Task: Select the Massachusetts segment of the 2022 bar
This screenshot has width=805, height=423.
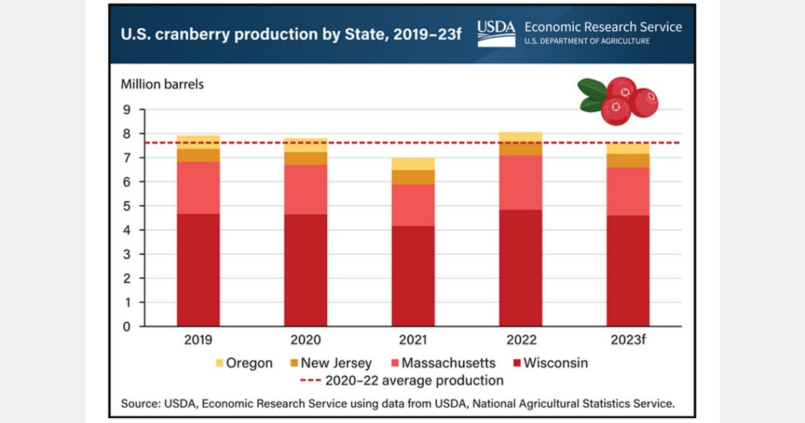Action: [521, 182]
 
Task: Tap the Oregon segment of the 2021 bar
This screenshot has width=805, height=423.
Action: [413, 164]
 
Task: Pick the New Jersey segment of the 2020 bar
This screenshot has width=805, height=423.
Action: [306, 158]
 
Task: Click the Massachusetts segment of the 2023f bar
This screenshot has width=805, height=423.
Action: [628, 191]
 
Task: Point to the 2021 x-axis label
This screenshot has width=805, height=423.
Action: [413, 340]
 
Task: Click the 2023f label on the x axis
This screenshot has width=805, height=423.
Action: [628, 340]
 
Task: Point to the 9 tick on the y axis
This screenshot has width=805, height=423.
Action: [125, 109]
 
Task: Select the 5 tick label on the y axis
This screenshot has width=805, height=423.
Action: [125, 206]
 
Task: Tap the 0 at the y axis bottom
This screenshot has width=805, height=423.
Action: [125, 327]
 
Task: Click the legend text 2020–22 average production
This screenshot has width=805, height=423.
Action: [414, 381]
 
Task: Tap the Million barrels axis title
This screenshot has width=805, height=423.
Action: [162, 85]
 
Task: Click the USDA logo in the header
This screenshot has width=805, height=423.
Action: [496, 32]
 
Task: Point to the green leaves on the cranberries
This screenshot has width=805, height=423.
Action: [592, 94]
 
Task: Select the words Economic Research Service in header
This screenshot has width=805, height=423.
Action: [602, 27]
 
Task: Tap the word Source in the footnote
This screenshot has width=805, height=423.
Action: [138, 404]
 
